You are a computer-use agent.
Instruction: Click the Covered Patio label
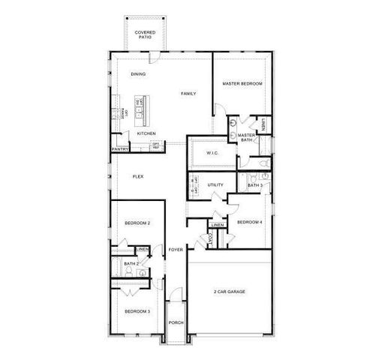pos(144,35)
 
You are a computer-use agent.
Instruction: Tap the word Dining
pos(138,74)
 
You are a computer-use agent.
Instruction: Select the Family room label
pos(188,94)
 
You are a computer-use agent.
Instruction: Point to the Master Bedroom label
pos(242,83)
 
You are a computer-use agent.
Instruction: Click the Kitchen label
pos(146,133)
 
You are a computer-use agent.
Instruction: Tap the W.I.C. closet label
pos(212,153)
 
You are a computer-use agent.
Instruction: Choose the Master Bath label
pos(247,137)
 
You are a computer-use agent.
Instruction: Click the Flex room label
pos(138,176)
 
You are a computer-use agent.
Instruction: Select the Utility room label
pos(216,184)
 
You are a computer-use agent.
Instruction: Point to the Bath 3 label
pos(254,184)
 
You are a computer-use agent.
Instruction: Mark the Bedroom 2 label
pos(137,223)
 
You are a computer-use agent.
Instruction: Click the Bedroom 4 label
pos(249,222)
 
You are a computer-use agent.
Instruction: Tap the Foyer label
pos(176,249)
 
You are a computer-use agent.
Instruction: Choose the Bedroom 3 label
pos(137,311)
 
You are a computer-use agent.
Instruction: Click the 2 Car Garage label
pos(229,291)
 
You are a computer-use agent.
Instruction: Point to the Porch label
pos(176,322)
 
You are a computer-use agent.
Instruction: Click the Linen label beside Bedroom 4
pos(218,225)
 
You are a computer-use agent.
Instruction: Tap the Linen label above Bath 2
pos(142,249)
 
